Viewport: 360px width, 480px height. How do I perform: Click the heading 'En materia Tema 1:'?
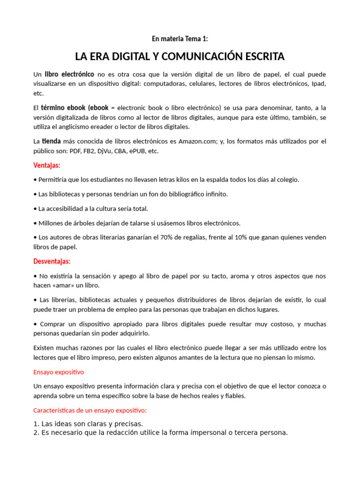coord(180,39)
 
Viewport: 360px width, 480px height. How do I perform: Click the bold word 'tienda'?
coord(52,141)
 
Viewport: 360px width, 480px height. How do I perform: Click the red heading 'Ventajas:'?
coord(47,165)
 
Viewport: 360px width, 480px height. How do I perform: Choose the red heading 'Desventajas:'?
coord(52,261)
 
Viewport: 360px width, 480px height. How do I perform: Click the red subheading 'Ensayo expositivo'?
coord(59,372)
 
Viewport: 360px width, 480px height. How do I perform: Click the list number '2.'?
coord(36,433)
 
